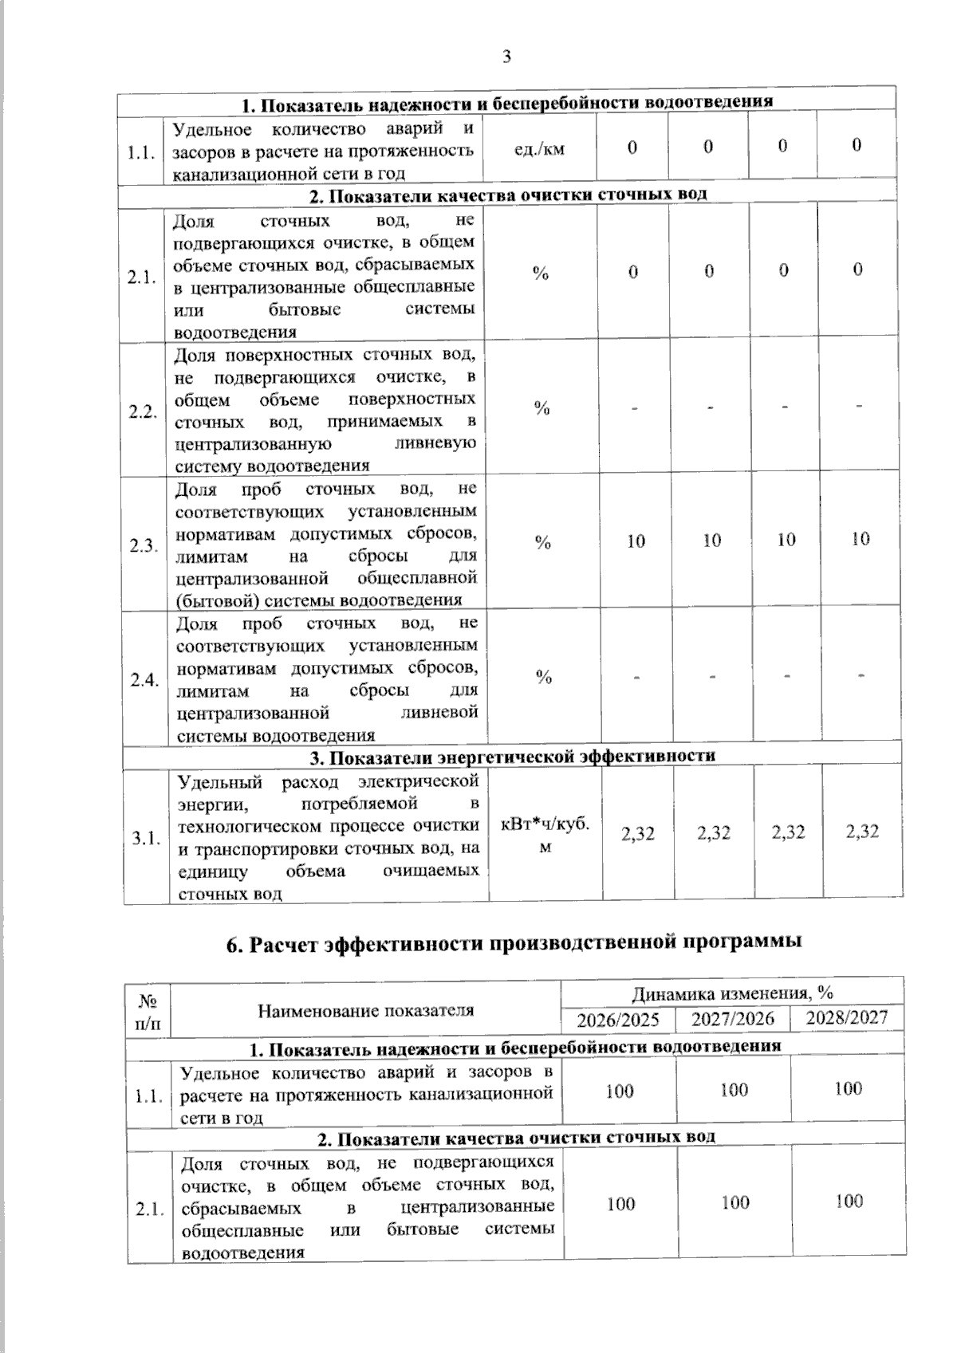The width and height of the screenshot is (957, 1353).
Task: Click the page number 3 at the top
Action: tap(506, 57)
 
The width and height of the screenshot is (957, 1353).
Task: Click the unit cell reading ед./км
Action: tap(540, 148)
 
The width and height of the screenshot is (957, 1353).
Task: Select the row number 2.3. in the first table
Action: tap(143, 546)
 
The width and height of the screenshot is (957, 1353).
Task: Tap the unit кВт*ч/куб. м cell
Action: tap(545, 836)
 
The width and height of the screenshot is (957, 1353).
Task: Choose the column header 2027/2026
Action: tap(732, 1019)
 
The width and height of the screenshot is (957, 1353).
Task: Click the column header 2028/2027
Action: tap(846, 1017)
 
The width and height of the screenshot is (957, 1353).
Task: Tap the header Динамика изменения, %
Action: tap(732, 993)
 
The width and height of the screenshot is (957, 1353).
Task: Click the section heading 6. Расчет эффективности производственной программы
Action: tap(514, 943)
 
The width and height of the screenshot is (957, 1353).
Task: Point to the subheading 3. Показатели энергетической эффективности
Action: tap(512, 756)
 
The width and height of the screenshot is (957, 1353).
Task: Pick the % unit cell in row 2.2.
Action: tap(542, 409)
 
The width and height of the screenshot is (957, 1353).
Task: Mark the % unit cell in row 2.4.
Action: tap(544, 678)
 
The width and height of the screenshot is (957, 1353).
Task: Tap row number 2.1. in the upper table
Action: tap(142, 278)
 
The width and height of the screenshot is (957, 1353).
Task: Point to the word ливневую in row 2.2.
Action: tap(439, 443)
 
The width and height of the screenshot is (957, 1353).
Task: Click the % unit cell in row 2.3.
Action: tap(543, 543)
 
